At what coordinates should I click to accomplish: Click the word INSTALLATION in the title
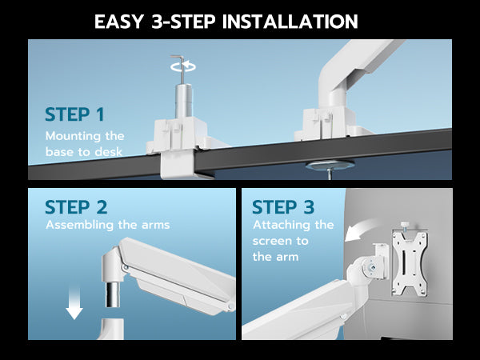(x=290, y=22)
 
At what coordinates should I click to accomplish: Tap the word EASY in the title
(x=119, y=22)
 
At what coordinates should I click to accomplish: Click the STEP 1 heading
(x=74, y=114)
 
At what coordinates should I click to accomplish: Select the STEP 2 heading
(x=76, y=207)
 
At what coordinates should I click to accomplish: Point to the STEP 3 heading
(x=283, y=207)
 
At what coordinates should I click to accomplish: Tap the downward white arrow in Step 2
(x=74, y=303)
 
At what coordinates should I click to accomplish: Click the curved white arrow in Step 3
(x=362, y=230)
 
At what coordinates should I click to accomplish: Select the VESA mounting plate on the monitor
(x=410, y=263)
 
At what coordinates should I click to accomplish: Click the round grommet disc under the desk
(x=330, y=166)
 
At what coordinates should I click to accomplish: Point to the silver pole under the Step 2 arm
(x=112, y=294)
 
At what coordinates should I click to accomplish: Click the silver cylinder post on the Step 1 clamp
(x=184, y=101)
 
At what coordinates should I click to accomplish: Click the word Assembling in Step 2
(x=80, y=226)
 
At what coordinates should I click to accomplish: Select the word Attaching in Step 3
(x=278, y=226)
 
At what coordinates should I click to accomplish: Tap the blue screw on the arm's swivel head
(x=372, y=267)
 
